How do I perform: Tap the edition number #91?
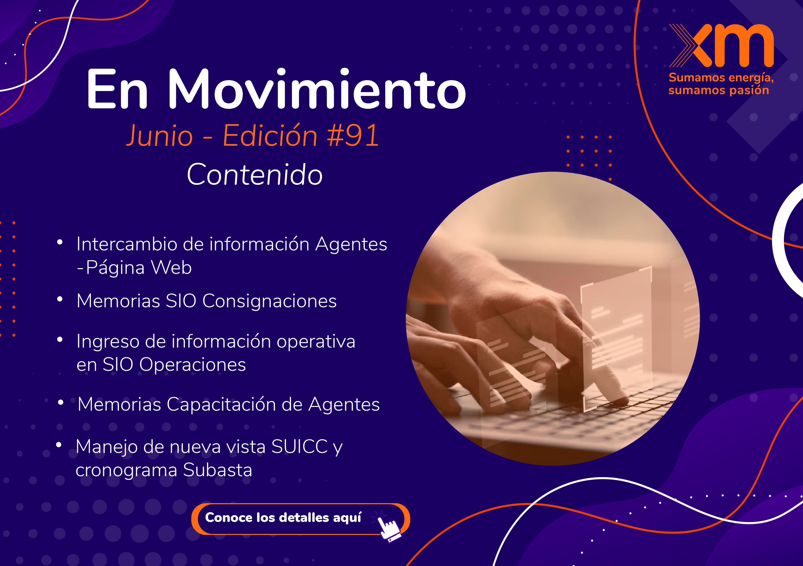(x=353, y=135)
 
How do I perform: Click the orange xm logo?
(x=721, y=46)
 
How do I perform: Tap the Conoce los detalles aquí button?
(x=301, y=519)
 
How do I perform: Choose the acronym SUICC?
(x=299, y=447)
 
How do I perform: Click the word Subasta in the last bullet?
(x=217, y=470)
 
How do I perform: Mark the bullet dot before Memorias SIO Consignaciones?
(x=60, y=299)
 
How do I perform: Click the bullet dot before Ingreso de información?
(x=60, y=339)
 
